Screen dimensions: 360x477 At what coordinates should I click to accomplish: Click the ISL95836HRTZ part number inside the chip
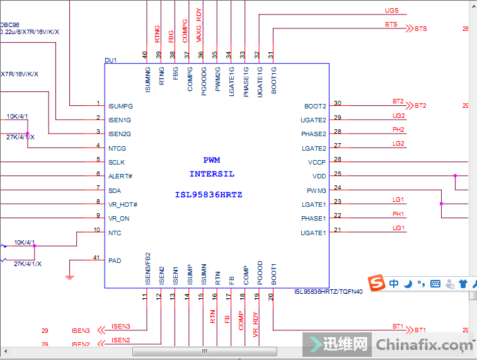pos(209,195)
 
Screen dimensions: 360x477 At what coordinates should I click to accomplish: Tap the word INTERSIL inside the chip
pos(212,174)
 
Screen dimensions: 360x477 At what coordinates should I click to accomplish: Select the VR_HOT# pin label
pos(123,204)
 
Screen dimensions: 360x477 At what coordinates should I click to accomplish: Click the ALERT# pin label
pos(120,177)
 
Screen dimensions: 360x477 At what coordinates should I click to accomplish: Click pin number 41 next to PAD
pos(96,257)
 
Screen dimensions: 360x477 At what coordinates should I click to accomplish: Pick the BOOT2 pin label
pos(315,107)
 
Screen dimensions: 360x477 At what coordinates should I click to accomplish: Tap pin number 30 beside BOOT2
pos(338,103)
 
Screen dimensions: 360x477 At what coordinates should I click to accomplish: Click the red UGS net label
pos(391,11)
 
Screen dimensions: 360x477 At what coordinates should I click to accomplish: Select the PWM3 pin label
pos(316,190)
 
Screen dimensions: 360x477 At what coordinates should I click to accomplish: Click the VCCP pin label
pos(317,163)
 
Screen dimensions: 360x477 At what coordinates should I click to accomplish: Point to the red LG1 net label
pos(398,200)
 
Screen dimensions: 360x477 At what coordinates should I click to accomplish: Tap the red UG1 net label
pos(398,228)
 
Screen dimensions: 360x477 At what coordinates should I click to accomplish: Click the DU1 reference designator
pos(111,61)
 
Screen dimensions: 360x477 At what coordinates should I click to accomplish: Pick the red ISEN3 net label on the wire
pos(121,326)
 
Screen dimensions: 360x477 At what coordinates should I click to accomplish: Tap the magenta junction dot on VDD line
pos(454,176)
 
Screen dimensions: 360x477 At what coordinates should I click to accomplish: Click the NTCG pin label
pos(117,149)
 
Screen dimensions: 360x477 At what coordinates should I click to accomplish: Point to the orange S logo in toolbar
pos(377,284)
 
